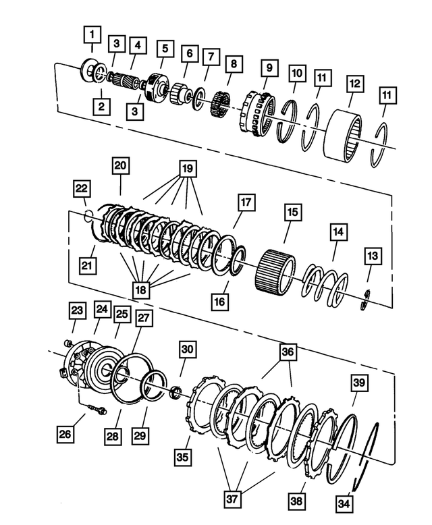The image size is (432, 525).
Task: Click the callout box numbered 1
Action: (92, 32)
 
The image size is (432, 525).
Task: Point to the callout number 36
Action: (288, 352)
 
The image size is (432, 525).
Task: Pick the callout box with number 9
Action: (269, 68)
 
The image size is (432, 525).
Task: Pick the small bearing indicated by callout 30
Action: (177, 391)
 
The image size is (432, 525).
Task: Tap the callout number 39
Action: (359, 383)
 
